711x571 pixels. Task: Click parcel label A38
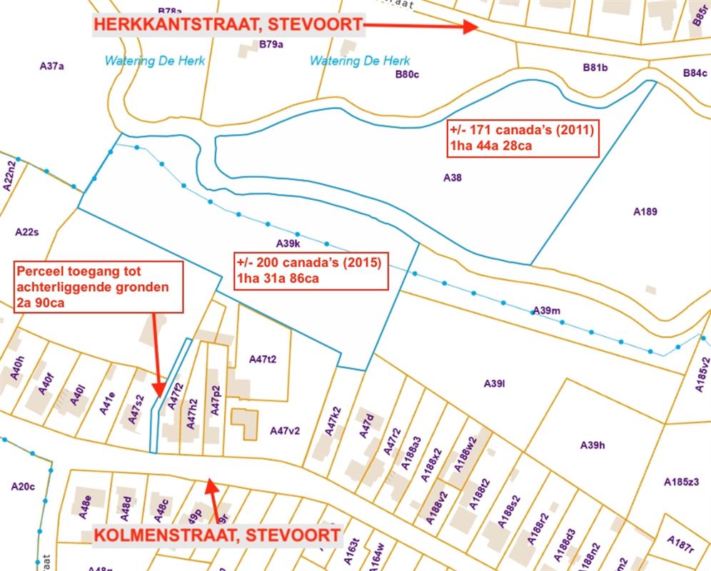[452, 178]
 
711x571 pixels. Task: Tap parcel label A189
[645, 211]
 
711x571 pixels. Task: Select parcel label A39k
[288, 244]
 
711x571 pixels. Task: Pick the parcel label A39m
[547, 310]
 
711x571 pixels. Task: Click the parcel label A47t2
[262, 359]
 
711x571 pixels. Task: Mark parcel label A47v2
[284, 430]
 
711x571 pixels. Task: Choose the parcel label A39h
[592, 445]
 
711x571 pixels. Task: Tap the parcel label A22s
[27, 232]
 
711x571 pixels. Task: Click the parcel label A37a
[52, 66]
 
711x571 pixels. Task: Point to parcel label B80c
[407, 74]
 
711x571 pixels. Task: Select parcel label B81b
[595, 68]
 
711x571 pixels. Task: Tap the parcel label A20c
[23, 487]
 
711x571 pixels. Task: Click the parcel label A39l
[494, 384]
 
